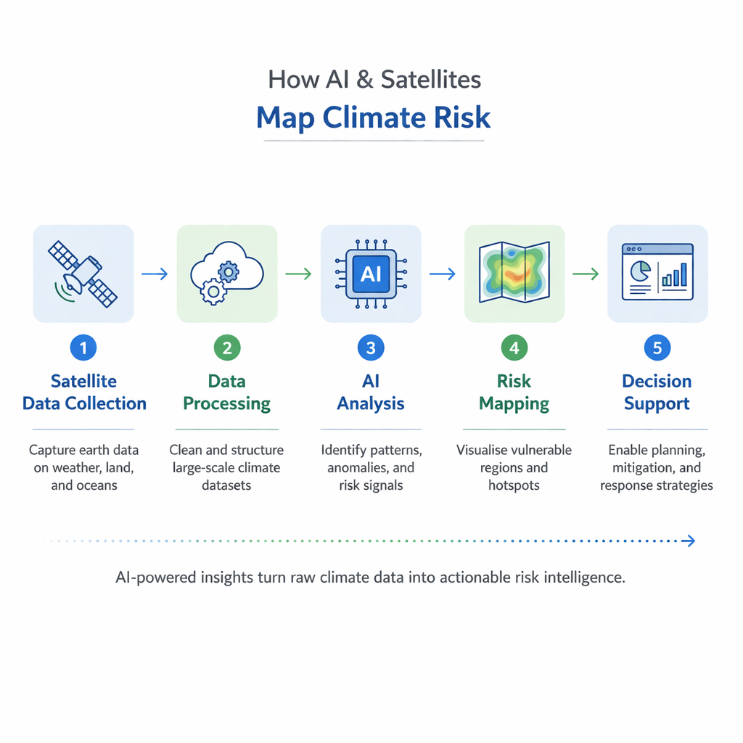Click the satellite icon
click(x=83, y=273)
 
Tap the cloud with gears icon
click(x=226, y=274)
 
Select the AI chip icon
click(x=370, y=274)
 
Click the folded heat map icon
click(x=514, y=273)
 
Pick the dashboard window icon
click(x=657, y=273)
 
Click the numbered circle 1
click(x=83, y=348)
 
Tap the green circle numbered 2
click(x=227, y=348)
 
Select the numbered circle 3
click(x=370, y=348)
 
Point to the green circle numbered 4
click(x=514, y=348)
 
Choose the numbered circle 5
click(x=657, y=348)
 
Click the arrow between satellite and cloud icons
click(x=155, y=274)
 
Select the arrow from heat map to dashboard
click(x=586, y=274)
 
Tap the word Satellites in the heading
click(x=431, y=79)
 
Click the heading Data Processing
click(x=227, y=392)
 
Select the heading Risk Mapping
click(x=514, y=392)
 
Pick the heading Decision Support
click(x=657, y=392)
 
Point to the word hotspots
click(x=514, y=485)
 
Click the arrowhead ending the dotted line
click(x=691, y=541)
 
